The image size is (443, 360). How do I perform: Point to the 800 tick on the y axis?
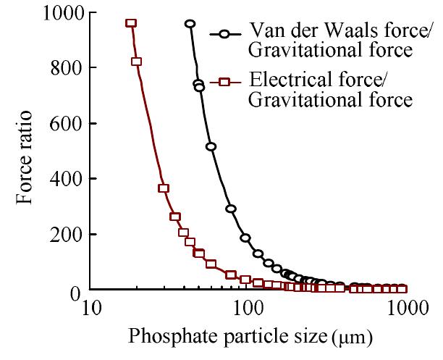tap(64, 67)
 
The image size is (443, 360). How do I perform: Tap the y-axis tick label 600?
tap(64, 123)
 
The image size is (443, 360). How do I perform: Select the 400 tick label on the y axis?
tap(64, 178)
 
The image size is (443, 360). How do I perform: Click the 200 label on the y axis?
tap(64, 234)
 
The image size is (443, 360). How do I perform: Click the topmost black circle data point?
tap(190, 24)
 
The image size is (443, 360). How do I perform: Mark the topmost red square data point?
tap(131, 23)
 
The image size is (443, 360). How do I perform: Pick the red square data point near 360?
tap(164, 188)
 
